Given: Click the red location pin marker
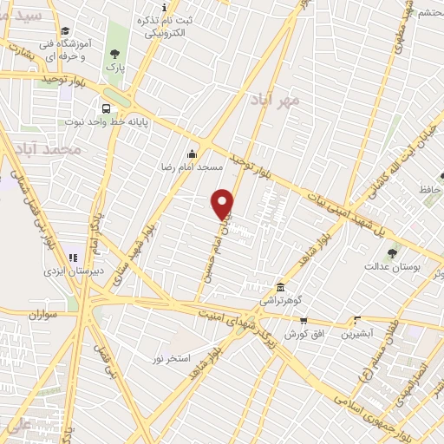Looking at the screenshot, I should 223,203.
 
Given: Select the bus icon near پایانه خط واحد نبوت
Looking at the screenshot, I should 106,109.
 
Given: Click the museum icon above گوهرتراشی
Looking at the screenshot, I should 280,288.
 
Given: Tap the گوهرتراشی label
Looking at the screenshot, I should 279,302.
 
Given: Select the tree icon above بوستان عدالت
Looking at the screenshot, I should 392,253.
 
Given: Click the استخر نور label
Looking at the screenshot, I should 171,358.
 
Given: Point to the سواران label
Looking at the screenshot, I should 40,316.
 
